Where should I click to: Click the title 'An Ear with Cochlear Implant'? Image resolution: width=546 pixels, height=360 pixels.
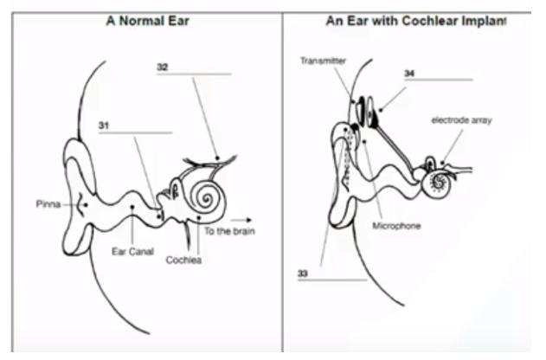click(415, 22)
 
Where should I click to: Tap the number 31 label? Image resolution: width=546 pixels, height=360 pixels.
click(106, 125)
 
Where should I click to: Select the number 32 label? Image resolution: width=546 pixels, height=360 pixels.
click(164, 67)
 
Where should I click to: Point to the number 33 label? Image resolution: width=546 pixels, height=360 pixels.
click(303, 273)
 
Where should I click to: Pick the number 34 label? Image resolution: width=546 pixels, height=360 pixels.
click(408, 73)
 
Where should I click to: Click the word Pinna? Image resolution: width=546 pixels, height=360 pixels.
click(48, 204)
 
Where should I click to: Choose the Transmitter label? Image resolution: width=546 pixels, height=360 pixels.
click(322, 61)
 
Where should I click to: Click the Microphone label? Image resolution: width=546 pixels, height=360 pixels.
click(396, 226)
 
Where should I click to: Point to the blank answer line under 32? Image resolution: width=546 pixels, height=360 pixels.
click(194, 74)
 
